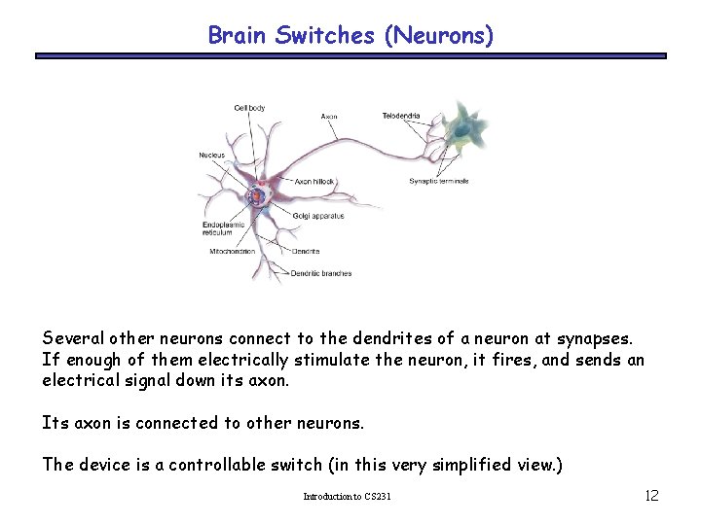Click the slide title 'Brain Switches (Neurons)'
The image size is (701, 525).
tap(350, 36)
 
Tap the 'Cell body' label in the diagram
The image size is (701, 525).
tap(249, 108)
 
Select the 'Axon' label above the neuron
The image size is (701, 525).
tap(330, 117)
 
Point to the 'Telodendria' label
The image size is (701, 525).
tap(401, 116)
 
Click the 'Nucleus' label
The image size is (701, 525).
tap(211, 155)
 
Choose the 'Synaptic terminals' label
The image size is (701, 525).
tap(439, 181)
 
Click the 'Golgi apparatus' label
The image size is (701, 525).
tap(317, 216)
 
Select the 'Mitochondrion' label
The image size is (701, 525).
tap(233, 252)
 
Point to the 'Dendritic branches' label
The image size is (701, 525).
tap(321, 273)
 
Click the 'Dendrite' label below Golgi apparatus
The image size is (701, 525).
tap(305, 252)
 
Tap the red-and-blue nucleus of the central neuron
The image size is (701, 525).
tap(257, 195)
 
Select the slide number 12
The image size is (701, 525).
tap(651, 496)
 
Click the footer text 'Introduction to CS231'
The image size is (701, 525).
tap(347, 497)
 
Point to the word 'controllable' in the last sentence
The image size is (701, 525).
tap(221, 464)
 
